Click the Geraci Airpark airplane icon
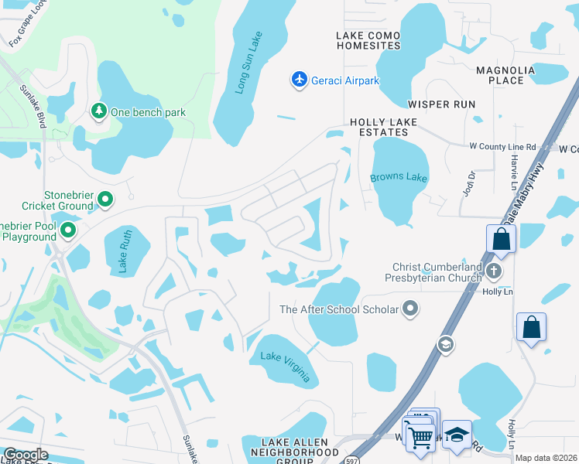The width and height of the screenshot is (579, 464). pos(300,79)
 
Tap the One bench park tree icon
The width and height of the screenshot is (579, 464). pos(99,112)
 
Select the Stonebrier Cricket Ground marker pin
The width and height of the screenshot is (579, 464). pos(105,201)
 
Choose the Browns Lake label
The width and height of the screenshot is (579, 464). pos(398,178)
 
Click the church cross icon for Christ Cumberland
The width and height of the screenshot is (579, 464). pos(495,271)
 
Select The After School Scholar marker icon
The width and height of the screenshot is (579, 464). pos(410,309)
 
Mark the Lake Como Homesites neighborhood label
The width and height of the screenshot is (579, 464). pos(368,40)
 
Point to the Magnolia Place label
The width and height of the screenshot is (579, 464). pos(505,75)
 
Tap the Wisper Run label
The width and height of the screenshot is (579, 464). pos(441,104)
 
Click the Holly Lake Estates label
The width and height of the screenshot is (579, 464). pos(389,128)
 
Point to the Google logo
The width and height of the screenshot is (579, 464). pos(25,455)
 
